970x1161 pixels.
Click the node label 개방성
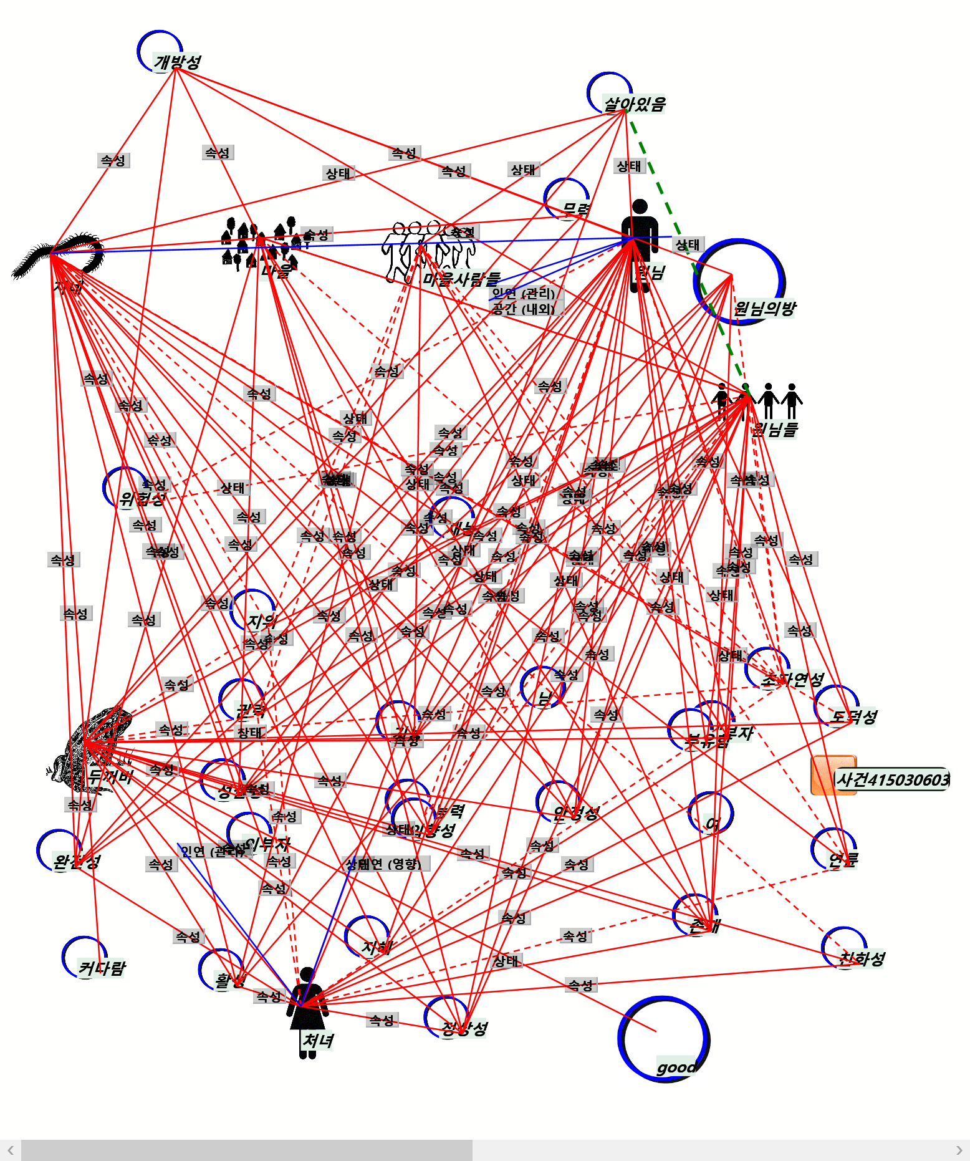178,62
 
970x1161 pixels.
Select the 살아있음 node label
634,104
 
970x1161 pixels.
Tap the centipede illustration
59,256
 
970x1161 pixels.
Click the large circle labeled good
664,1038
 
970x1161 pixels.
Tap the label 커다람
102,968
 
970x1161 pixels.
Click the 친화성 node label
862,958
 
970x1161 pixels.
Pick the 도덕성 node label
854,717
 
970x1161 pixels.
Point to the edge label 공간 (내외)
523,309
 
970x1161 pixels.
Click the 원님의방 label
764,309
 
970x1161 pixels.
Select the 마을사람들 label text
461,279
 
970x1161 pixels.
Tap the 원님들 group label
775,429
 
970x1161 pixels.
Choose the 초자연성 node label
792,680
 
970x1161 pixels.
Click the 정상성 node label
464,1028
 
